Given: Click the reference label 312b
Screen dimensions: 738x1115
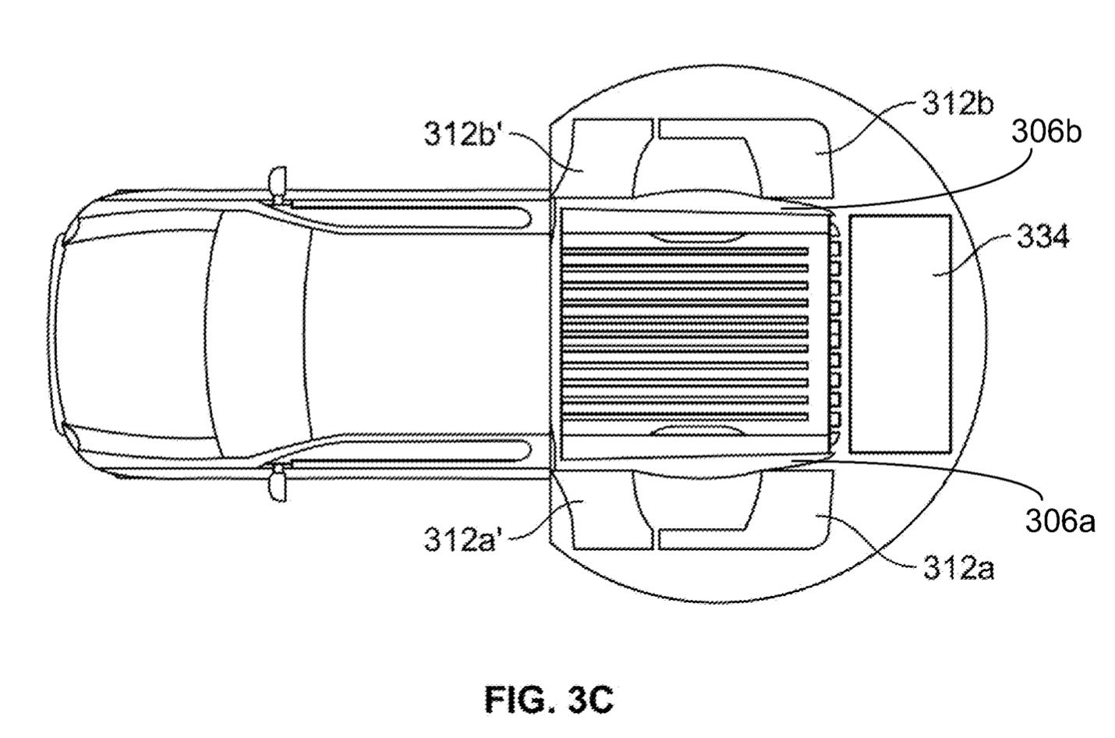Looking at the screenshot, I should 958,105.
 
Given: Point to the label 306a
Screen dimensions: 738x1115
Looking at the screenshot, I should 1060,521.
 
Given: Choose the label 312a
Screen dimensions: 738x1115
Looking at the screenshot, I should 958,569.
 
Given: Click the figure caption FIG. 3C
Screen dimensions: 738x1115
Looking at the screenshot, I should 549,699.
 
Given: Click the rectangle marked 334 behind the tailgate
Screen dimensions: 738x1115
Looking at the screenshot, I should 899,334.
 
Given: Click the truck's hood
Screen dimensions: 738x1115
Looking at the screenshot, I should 133,334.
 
